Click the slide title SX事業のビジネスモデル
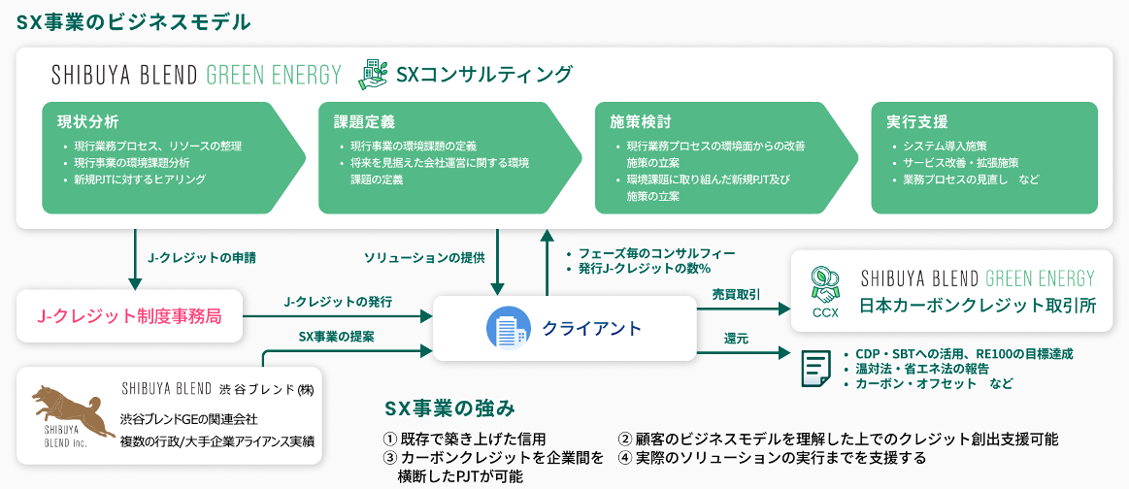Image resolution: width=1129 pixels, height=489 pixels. (x=133, y=21)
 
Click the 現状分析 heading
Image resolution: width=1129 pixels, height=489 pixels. (x=88, y=122)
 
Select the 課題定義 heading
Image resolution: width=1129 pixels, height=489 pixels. (x=364, y=122)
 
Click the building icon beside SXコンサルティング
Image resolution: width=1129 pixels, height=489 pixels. (x=373, y=74)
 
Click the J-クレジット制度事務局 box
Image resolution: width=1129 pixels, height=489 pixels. (x=129, y=314)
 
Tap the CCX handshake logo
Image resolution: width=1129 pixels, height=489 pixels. (x=824, y=288)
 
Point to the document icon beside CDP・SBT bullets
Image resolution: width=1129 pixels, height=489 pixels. (x=815, y=369)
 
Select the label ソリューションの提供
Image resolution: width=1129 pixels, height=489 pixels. (x=424, y=258)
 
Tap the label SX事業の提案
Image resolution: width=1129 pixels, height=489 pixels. (x=338, y=336)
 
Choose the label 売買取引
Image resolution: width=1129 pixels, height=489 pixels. (x=736, y=294)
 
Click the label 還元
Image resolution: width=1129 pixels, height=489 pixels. (x=735, y=339)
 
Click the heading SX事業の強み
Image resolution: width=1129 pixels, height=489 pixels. (x=449, y=407)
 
